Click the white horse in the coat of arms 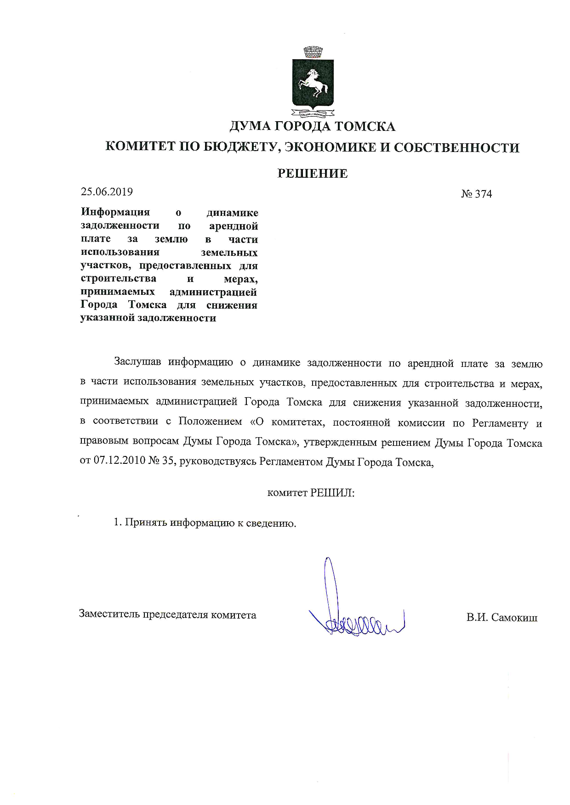click(313, 83)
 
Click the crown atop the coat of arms click(313, 51)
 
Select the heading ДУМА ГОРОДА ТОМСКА click(312, 126)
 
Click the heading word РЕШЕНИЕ click(312, 174)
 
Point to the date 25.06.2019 click(107, 192)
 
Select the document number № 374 click(476, 194)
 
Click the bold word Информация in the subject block click(115, 212)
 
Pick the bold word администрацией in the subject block click(213, 292)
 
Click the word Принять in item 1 click(145, 523)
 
